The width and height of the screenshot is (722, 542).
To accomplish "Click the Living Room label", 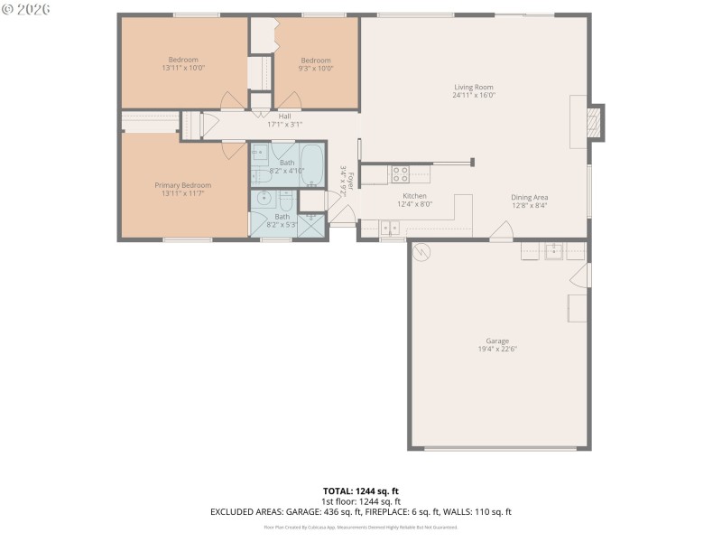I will (474, 87).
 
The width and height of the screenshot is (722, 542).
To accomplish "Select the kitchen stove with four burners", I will (400, 174).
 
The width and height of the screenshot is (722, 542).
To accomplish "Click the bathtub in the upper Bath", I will (314, 164).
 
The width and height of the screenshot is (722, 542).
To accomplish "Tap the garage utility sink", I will (554, 251).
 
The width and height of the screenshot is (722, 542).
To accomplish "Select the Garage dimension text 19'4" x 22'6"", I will (496, 349).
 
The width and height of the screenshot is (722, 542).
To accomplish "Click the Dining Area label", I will (529, 197).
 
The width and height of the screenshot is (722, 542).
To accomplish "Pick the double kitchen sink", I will (389, 227).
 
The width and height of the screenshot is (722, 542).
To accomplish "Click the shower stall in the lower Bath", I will (312, 225).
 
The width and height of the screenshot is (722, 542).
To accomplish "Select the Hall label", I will (284, 117).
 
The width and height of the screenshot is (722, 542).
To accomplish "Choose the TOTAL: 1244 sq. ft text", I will (361, 491).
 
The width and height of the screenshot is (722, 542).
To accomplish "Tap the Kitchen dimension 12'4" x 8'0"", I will (414, 204).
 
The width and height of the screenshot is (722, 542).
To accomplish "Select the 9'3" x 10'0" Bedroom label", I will (316, 61).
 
